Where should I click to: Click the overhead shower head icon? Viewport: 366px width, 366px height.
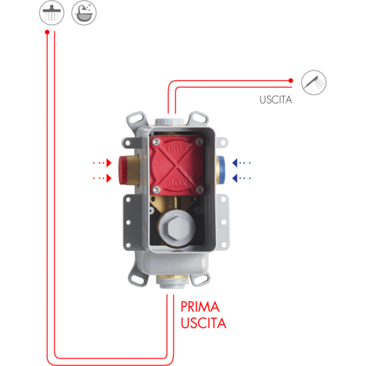tap(50, 13)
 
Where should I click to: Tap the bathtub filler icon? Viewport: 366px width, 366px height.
tap(84, 13)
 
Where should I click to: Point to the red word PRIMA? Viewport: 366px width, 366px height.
tap(200, 307)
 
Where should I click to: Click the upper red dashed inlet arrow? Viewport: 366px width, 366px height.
tap(101, 163)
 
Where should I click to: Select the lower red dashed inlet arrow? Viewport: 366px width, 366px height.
tap(101, 178)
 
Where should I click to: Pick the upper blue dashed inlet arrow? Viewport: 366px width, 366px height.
tap(242, 163)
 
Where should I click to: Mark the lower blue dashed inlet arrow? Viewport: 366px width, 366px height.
tap(242, 178)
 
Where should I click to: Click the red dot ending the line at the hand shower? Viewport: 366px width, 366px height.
tap(291, 81)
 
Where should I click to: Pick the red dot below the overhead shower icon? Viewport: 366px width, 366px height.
tap(46, 33)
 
